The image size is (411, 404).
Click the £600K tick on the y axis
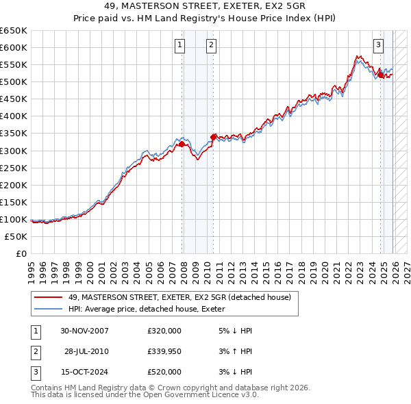pos(14,47)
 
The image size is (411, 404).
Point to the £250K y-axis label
pos(14,168)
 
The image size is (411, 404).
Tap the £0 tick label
pos(21,253)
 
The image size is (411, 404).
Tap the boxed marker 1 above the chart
pos(179,45)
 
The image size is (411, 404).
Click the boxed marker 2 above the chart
pos(211,45)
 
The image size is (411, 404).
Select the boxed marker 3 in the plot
pos(378,45)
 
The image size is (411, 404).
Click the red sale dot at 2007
pos(182,144)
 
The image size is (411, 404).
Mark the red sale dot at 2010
pos(214,137)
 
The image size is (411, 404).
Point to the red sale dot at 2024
pos(380,75)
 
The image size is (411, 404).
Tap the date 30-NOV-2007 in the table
pos(84,331)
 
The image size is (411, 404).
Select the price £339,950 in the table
pos(164,351)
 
